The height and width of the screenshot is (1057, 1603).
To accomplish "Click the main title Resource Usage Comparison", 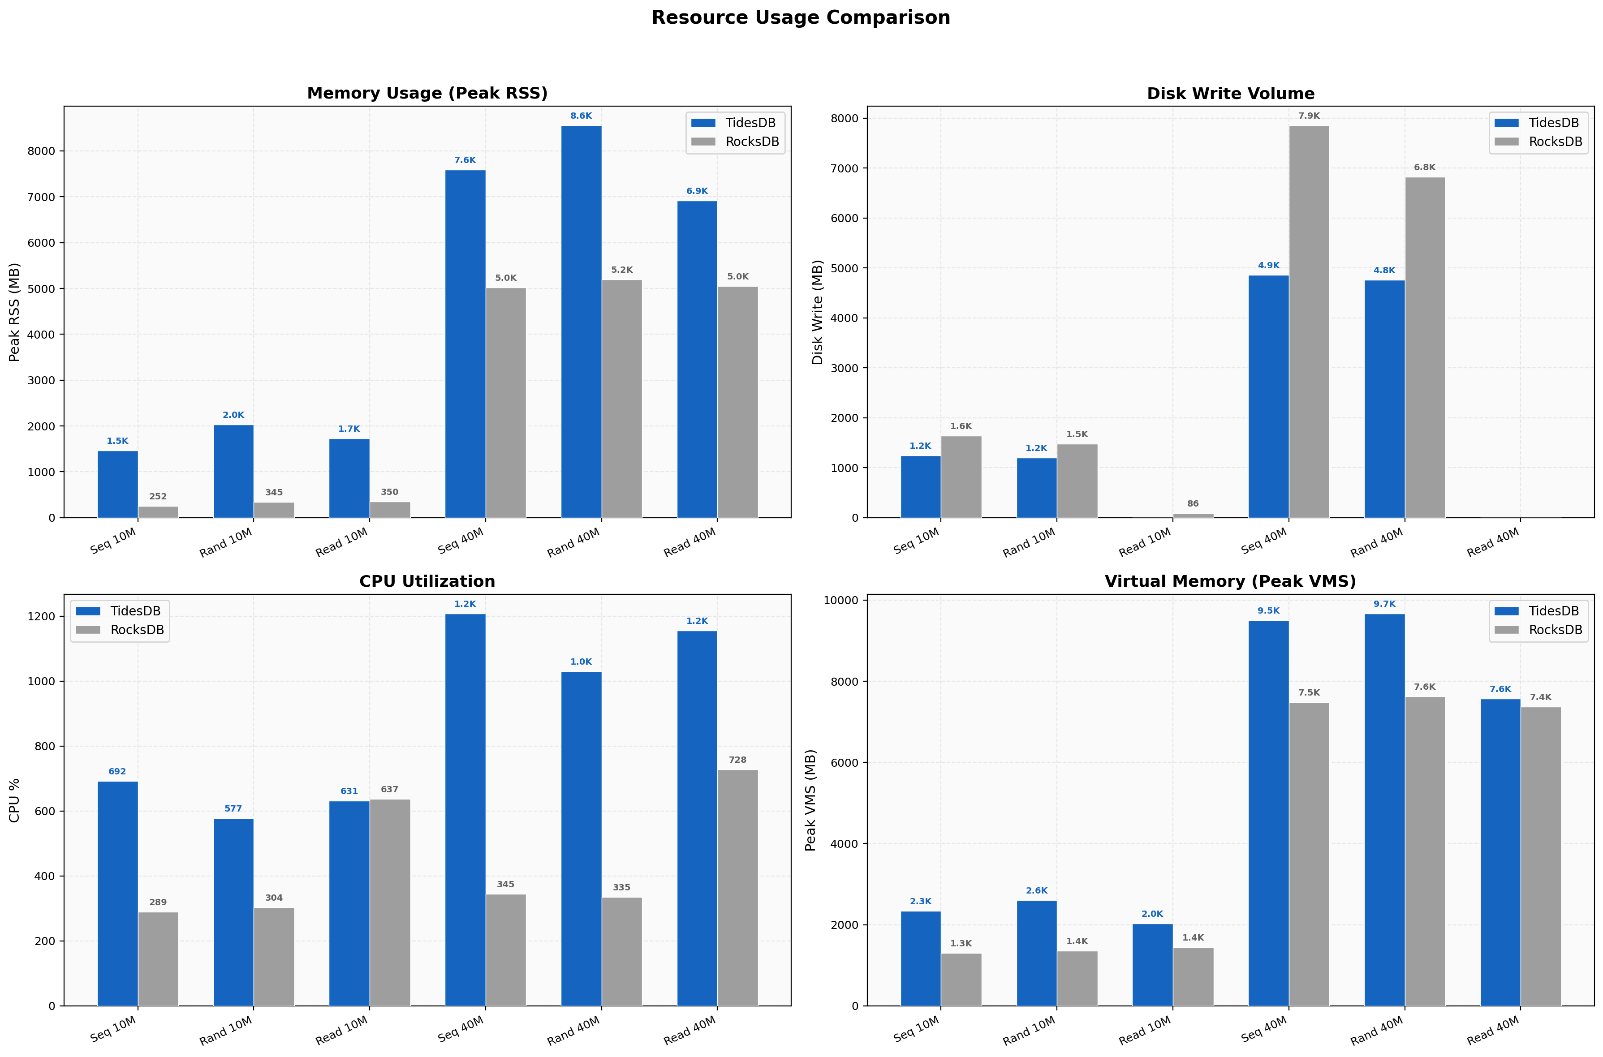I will coord(800,17).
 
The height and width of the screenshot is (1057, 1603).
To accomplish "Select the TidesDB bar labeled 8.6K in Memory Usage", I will coord(581,322).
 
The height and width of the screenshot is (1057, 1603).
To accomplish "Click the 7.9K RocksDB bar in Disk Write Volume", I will coord(1308,322).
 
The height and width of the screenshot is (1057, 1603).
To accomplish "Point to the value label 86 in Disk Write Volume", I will coord(1193,503).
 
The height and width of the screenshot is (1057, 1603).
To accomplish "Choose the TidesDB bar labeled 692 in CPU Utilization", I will coord(117,893).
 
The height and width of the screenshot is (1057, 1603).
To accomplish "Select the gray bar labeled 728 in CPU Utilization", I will coord(737,887).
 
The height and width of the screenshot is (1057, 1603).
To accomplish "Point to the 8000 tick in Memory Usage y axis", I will coord(41,151).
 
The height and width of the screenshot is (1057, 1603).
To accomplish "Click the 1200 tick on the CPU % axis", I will coord(41,616).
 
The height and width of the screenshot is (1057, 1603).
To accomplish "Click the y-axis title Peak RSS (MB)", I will coord(14,312).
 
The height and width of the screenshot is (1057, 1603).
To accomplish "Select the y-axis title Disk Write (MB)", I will coord(817,312).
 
